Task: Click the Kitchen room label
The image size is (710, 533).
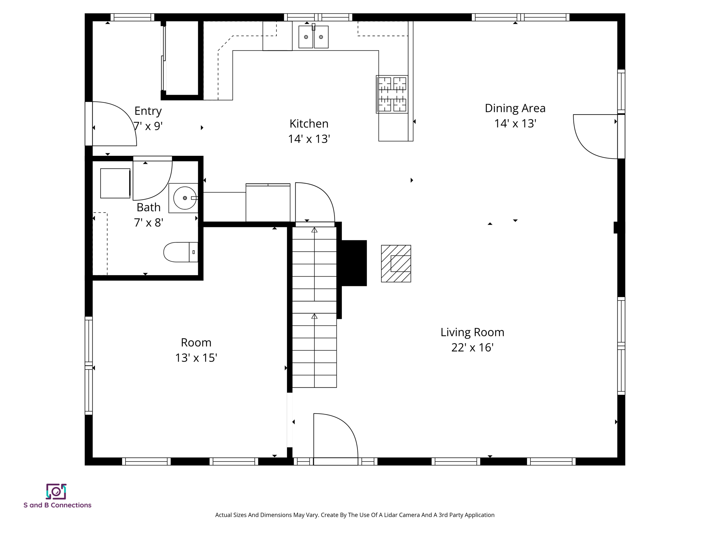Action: click(309, 124)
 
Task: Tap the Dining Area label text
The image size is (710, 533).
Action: click(515, 108)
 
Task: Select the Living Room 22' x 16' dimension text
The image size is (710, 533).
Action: click(472, 347)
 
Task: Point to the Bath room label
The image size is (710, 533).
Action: click(148, 207)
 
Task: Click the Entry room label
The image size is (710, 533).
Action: click(148, 111)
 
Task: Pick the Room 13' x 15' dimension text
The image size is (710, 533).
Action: click(196, 358)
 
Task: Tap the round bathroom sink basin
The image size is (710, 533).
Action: click(184, 198)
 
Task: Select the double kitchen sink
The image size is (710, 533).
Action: click(313, 37)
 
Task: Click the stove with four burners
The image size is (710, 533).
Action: click(392, 94)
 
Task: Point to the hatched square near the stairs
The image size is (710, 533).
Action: click(396, 264)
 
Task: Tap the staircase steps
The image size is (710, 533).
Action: click(314, 312)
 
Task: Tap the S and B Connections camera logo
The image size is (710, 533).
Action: click(56, 491)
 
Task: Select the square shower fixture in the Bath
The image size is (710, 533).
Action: click(115, 183)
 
